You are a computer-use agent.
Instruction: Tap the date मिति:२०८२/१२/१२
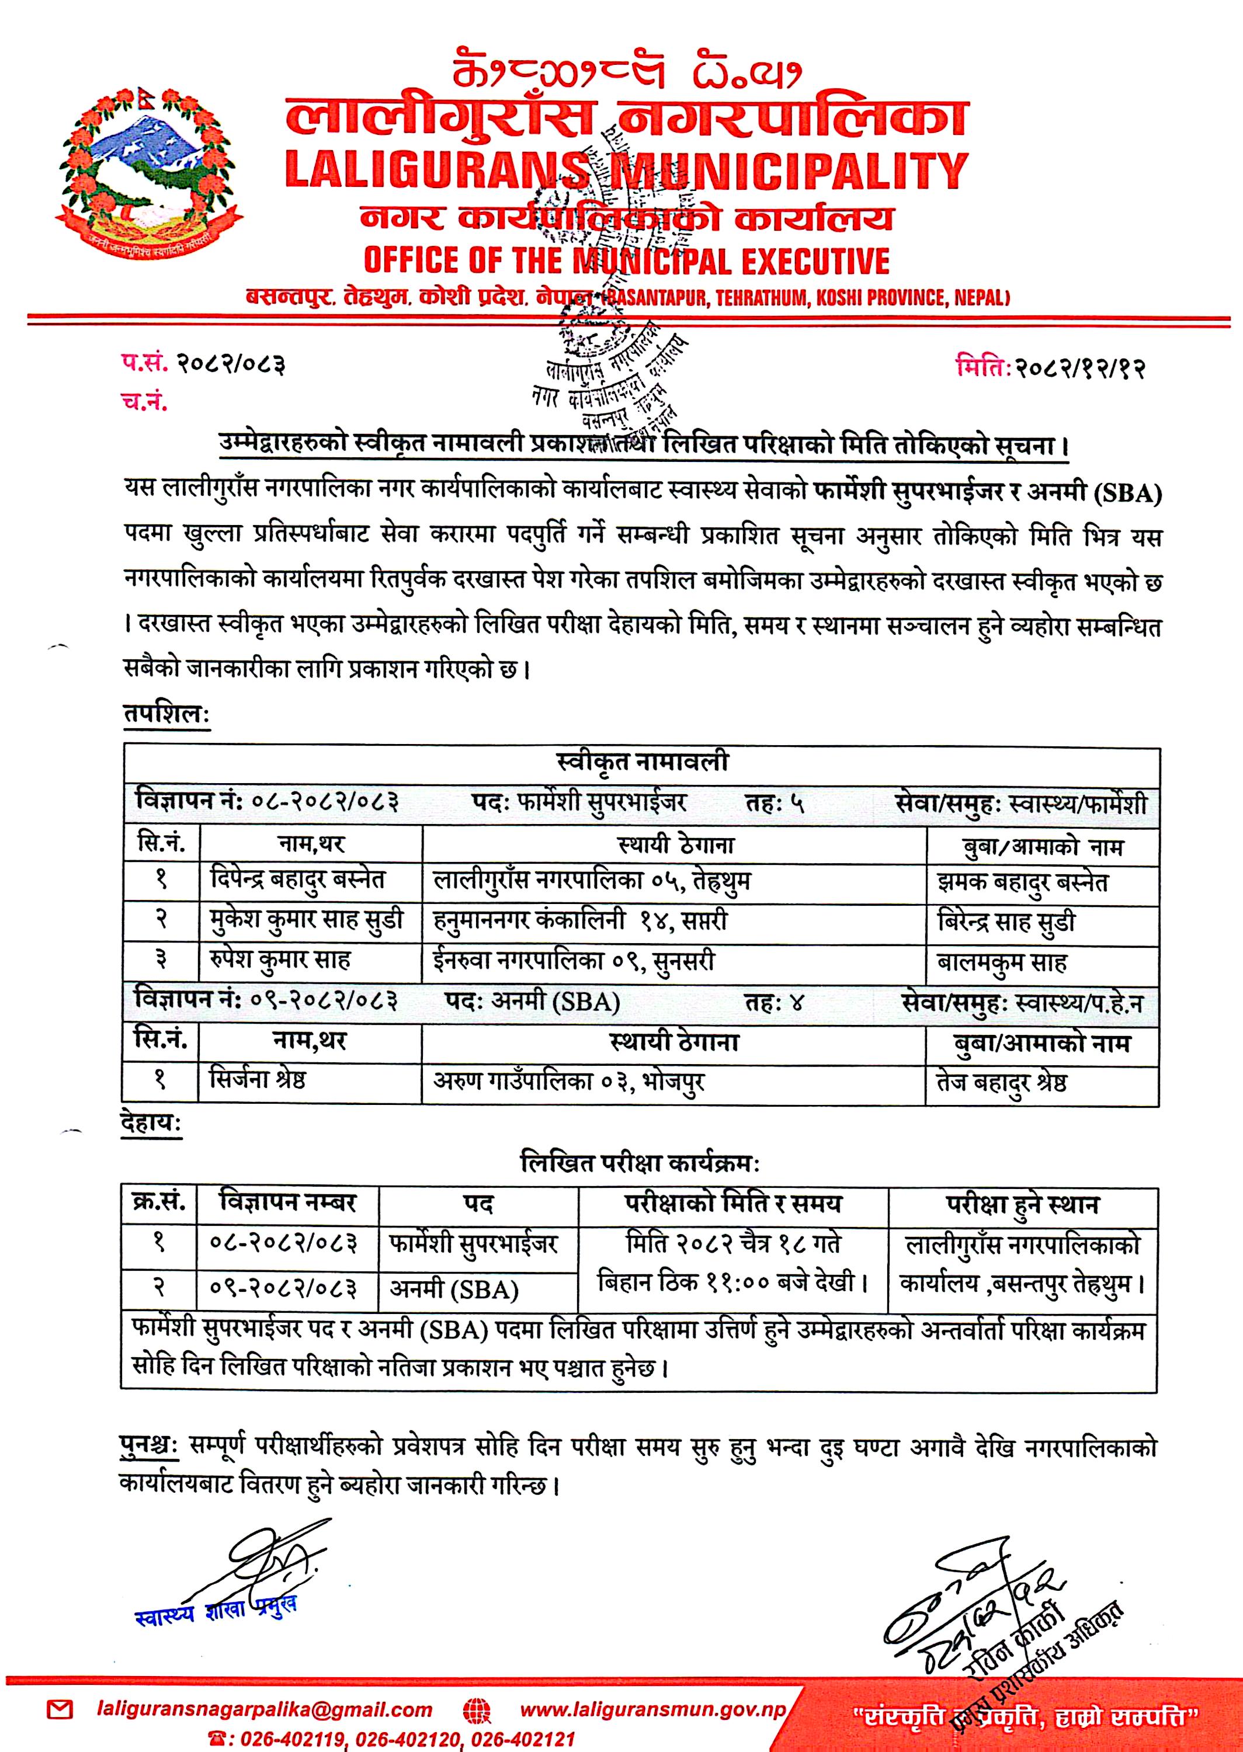point(1050,369)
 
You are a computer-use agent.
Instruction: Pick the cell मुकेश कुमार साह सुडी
point(306,920)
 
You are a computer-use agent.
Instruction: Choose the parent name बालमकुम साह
point(1001,962)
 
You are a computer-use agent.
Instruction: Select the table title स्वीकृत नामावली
point(641,762)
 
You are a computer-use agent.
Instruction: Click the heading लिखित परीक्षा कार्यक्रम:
point(639,1164)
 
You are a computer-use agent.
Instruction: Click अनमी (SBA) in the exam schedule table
point(454,1290)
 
